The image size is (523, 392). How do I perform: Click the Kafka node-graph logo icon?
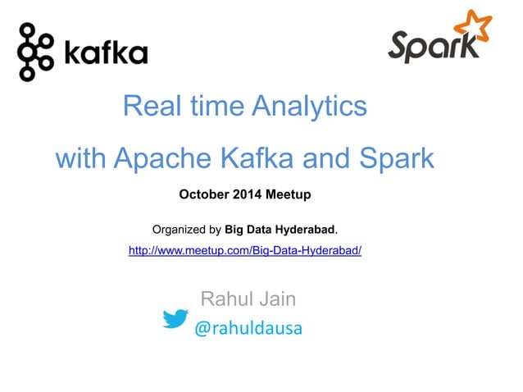click(34, 52)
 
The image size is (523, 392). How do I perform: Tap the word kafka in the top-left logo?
click(105, 54)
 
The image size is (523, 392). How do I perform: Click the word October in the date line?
click(205, 195)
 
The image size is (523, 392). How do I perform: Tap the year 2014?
click(252, 195)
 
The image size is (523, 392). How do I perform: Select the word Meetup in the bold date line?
click(290, 195)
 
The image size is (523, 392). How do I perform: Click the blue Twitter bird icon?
click(175, 318)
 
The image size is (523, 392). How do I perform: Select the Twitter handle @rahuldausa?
click(248, 329)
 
